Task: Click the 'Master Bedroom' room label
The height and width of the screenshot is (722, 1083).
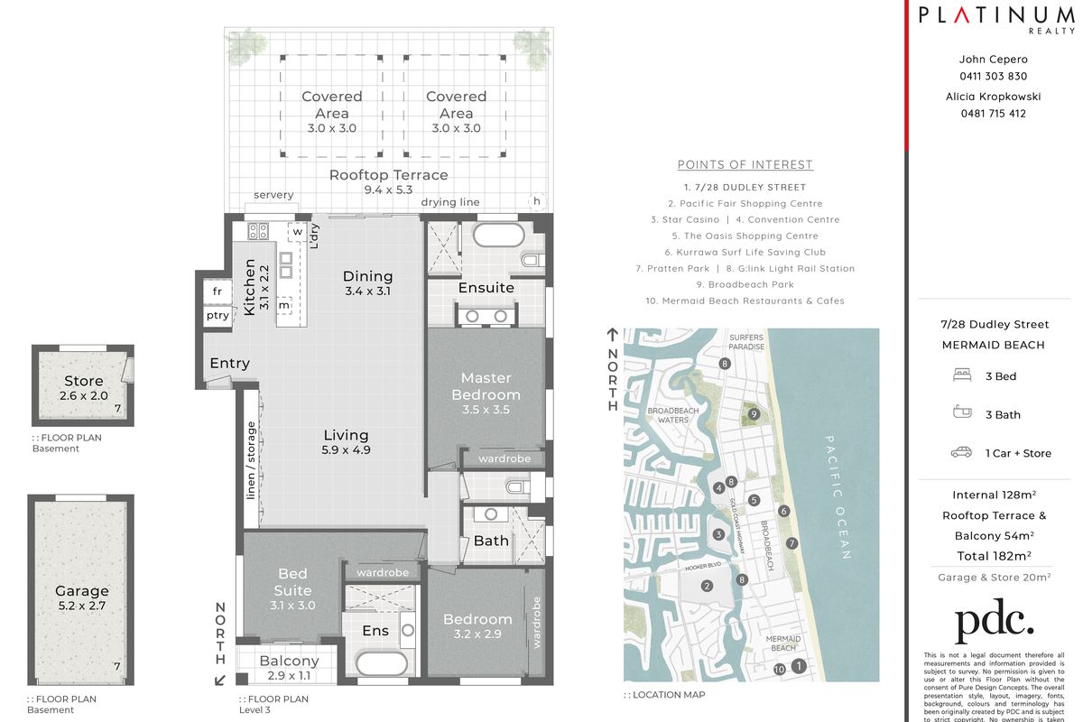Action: coord(486,386)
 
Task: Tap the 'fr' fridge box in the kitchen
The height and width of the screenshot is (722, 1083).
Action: coord(217,292)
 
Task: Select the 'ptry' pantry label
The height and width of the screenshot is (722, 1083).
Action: coord(217,316)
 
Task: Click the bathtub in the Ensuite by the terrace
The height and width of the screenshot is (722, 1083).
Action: coord(498,236)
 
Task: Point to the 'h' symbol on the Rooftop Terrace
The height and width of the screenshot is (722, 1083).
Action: coord(537,201)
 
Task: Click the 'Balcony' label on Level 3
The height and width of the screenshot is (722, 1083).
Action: coord(289,661)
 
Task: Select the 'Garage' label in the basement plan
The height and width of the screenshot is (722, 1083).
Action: coord(81,592)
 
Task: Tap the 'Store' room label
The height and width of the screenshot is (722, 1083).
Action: coord(83,381)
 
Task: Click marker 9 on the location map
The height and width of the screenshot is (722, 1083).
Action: coord(754,414)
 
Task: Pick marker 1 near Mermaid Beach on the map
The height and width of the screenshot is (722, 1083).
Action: coord(799,667)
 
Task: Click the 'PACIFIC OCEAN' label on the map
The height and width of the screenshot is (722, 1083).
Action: coord(837,496)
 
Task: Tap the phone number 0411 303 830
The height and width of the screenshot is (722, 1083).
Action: coord(993,77)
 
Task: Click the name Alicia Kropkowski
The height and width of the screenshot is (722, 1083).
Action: coord(993,96)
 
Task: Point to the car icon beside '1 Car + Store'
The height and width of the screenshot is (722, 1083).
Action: coord(961,452)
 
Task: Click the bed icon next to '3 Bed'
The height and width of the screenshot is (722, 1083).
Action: coord(961,375)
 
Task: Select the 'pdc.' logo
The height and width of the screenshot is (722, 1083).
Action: coord(994,623)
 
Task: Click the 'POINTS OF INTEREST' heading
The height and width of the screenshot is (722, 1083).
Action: coord(745,164)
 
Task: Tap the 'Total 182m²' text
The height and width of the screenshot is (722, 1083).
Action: coord(993,556)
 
